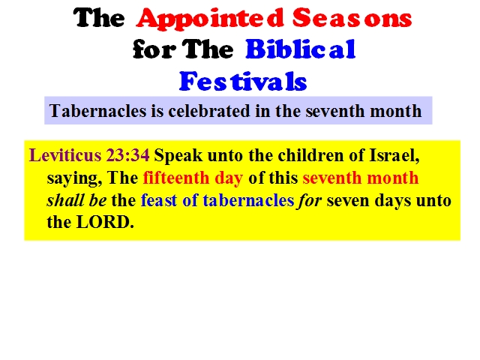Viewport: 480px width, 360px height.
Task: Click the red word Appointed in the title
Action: point(210,19)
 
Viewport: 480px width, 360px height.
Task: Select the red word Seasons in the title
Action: point(352,18)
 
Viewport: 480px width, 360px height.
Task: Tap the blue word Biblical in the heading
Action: point(300,49)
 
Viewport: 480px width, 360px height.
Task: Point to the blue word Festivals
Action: point(243,81)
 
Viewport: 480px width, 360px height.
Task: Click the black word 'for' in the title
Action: point(154,49)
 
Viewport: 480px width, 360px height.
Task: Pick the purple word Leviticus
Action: point(65,155)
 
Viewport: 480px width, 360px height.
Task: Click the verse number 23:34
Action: point(128,155)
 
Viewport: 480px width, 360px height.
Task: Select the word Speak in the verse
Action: point(178,156)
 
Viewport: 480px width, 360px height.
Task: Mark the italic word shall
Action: point(65,200)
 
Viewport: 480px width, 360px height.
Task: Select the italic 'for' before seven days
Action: point(310,201)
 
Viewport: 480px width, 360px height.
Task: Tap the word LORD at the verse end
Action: point(105,222)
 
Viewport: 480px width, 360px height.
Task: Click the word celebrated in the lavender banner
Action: point(209,111)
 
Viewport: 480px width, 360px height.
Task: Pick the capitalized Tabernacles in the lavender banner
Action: point(97,111)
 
